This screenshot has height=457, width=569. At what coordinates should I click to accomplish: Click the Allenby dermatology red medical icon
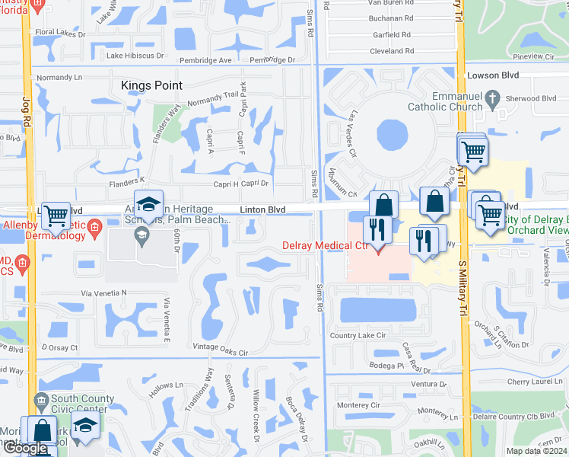95,227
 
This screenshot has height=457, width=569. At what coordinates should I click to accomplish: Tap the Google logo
24,448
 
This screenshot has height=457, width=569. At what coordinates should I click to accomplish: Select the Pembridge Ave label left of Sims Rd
205,60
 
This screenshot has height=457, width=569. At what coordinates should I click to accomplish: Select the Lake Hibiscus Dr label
135,56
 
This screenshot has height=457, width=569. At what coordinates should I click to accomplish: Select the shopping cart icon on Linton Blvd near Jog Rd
56,216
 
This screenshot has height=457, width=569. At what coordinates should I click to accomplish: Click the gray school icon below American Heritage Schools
141,235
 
